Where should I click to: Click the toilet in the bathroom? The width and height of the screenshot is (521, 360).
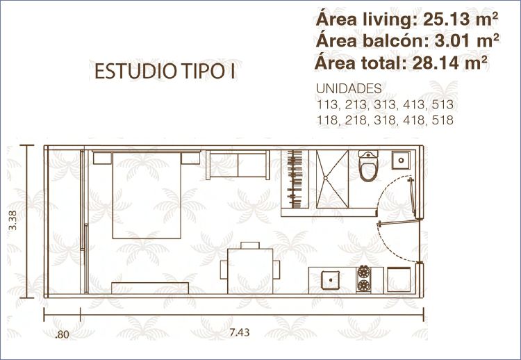[x=368, y=165]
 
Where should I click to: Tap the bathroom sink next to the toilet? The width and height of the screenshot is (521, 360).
[x=401, y=161]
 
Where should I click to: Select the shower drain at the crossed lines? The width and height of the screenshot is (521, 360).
[x=326, y=178]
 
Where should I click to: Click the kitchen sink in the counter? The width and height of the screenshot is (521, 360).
[x=330, y=280]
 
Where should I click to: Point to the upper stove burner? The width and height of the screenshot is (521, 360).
[x=363, y=272]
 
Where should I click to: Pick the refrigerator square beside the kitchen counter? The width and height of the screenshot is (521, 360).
[x=399, y=279]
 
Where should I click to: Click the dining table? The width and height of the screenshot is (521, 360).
[x=250, y=271]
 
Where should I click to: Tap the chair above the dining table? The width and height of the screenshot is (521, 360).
[x=250, y=245]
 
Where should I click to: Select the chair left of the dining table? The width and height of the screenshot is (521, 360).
[x=224, y=270]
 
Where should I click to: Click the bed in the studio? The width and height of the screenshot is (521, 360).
[x=147, y=195]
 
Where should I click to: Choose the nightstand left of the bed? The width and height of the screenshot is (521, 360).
[x=102, y=158]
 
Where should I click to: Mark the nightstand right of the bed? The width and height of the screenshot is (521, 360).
[x=191, y=158]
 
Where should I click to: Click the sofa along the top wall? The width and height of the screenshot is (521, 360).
[x=238, y=165]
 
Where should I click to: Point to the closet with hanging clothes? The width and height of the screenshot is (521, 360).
[x=295, y=179]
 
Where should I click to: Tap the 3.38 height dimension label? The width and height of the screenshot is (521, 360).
[x=13, y=220]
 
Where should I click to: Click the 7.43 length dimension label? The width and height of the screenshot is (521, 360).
[x=239, y=332]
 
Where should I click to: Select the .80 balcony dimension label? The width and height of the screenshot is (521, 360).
[x=62, y=334]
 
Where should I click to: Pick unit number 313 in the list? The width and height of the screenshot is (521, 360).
[x=385, y=105]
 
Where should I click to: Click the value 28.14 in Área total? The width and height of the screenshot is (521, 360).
[x=436, y=63]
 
